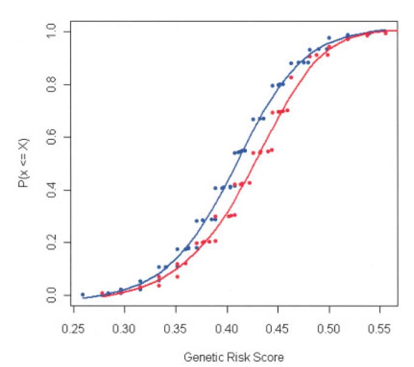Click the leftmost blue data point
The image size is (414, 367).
(x=83, y=295)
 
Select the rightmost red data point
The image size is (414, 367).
(x=385, y=33)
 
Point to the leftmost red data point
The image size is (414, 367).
(x=102, y=293)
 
